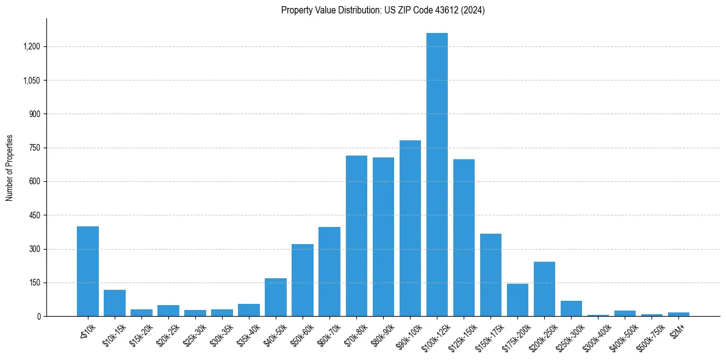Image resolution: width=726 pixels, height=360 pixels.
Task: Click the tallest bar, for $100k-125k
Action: [x=437, y=175]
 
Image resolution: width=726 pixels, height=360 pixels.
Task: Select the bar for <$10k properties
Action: [x=88, y=272]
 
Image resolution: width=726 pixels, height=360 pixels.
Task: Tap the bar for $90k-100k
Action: [x=410, y=228]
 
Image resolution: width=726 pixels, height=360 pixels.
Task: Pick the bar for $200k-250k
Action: [x=544, y=289]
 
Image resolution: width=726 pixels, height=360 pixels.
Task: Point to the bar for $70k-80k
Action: [x=356, y=236]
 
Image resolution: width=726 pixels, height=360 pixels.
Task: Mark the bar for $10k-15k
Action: [x=115, y=303]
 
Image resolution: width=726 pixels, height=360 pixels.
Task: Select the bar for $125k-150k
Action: [x=464, y=238]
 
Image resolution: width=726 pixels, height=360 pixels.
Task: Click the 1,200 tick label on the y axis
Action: [x=32, y=46]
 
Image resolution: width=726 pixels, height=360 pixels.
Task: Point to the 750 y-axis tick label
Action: [x=35, y=148]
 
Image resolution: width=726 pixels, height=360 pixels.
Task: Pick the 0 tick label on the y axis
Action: [x=39, y=317]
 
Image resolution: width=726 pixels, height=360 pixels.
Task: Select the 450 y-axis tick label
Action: [x=35, y=215]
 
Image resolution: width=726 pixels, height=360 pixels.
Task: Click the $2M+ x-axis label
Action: [x=677, y=328]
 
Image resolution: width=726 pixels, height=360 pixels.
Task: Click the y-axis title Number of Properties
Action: [x=10, y=168]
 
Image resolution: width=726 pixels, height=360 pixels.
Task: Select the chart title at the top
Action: [x=383, y=10]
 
